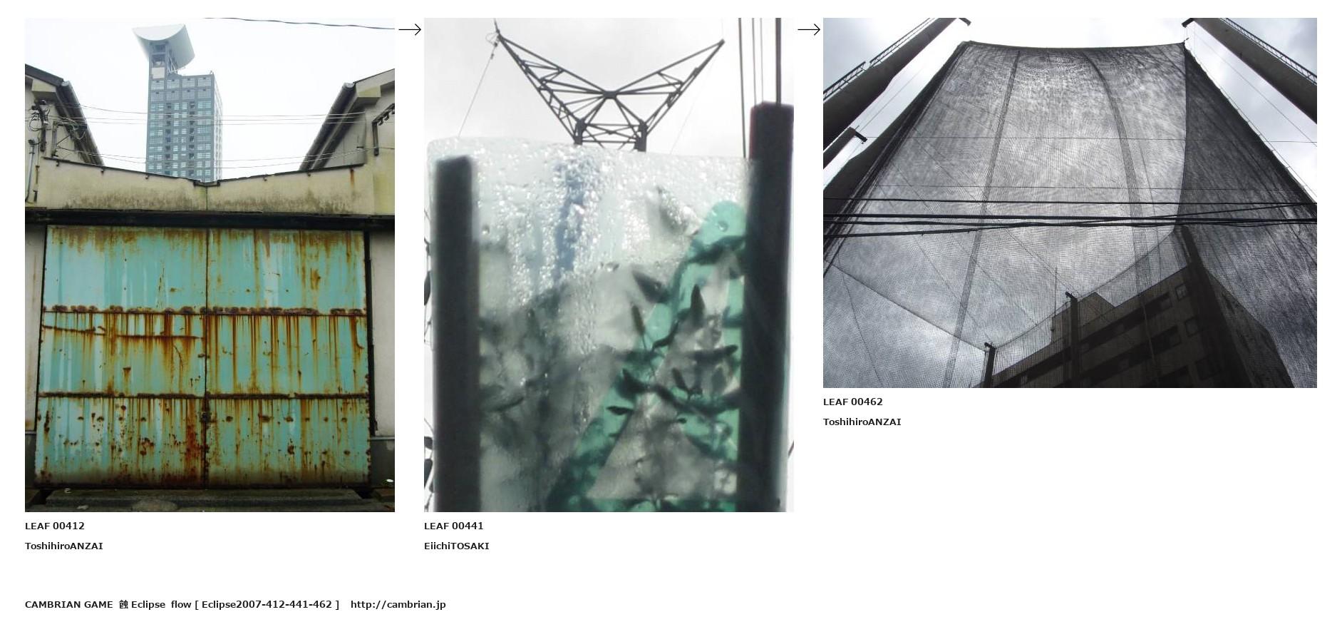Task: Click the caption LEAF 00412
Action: (x=55, y=526)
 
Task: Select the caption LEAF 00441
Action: (x=454, y=526)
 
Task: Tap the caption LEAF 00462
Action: (x=853, y=402)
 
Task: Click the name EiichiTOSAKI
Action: (x=457, y=546)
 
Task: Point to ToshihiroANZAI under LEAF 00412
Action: (x=64, y=546)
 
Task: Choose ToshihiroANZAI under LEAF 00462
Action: (x=862, y=422)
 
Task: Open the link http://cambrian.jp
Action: (x=398, y=604)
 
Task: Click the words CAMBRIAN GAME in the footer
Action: (x=69, y=604)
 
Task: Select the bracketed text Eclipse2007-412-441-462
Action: (x=267, y=604)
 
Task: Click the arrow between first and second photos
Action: (x=410, y=29)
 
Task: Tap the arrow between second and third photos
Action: (x=809, y=29)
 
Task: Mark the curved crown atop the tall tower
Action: (x=165, y=43)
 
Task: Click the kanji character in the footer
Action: (x=123, y=604)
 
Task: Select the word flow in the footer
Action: (x=181, y=604)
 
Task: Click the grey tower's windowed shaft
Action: (x=183, y=121)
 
